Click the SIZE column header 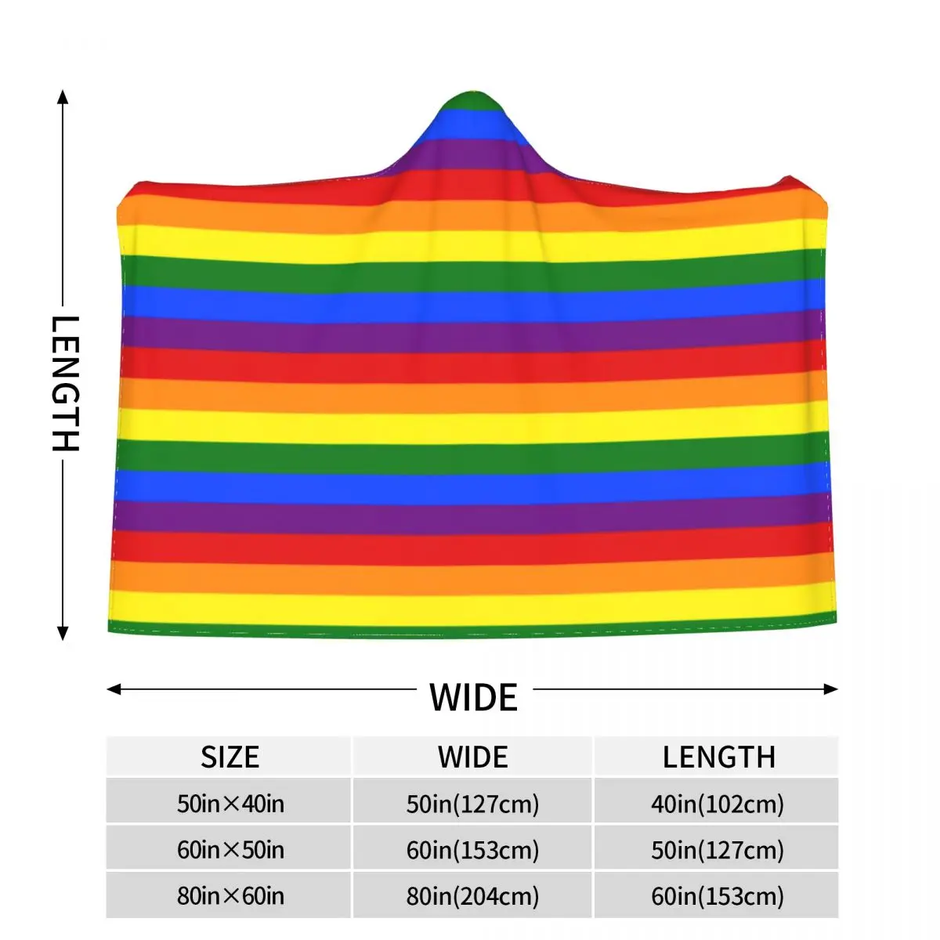[x=230, y=757]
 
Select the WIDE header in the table [x=473, y=757]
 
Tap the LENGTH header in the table [x=718, y=757]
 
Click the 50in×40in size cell [x=230, y=804]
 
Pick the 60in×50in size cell [x=230, y=850]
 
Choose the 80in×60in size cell [x=230, y=896]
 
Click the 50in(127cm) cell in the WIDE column [x=473, y=804]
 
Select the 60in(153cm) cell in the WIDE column [x=473, y=850]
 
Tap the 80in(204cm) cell [x=473, y=896]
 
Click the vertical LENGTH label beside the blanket [x=65, y=384]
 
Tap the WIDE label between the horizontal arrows [x=473, y=697]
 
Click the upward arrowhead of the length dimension [x=63, y=96]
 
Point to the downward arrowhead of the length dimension [x=63, y=634]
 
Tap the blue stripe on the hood [x=470, y=123]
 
